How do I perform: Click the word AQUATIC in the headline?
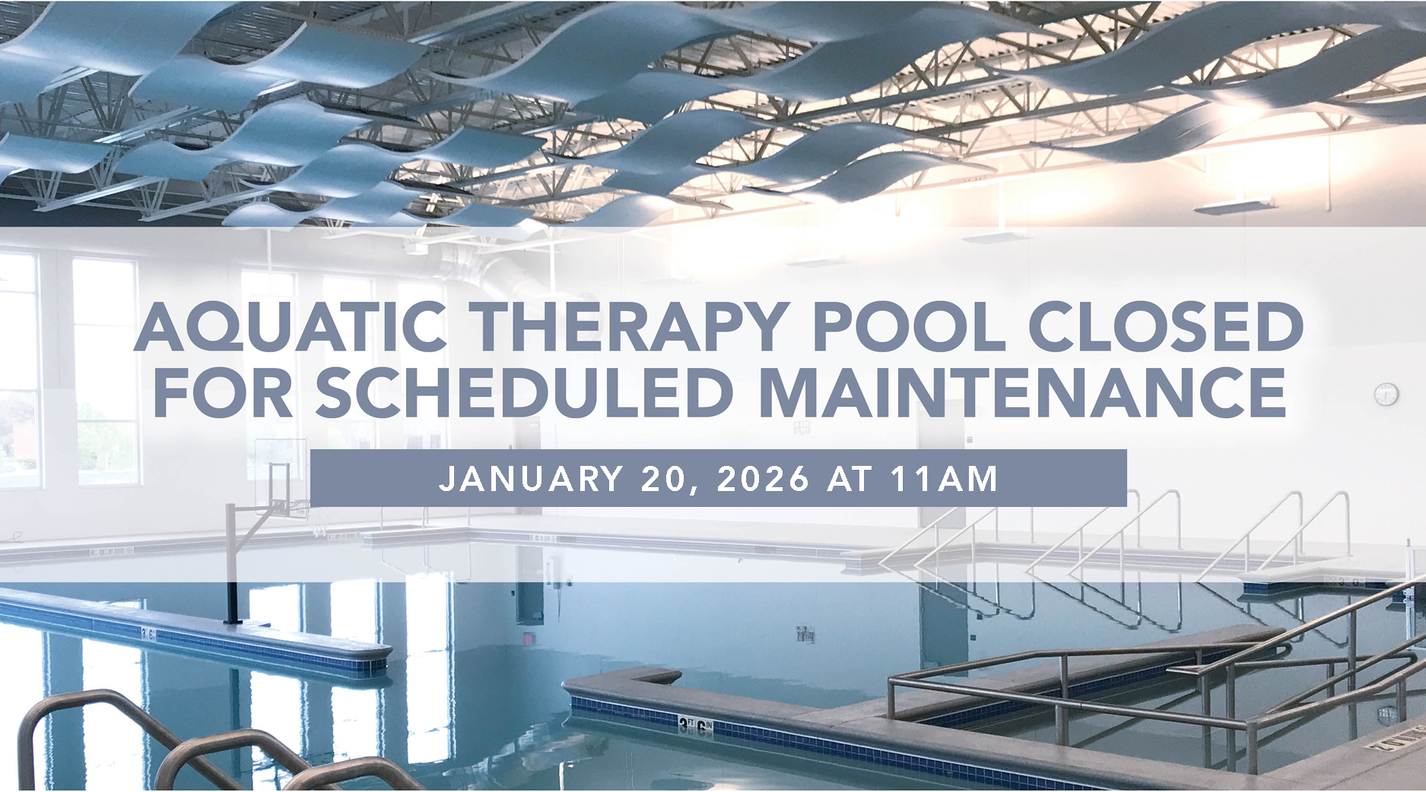290,327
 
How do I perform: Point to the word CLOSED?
1165,327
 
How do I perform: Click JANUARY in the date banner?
531,479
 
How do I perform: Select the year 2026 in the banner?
763,479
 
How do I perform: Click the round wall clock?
1386,394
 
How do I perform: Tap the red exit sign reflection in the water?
526,638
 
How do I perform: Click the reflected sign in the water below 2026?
805,633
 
